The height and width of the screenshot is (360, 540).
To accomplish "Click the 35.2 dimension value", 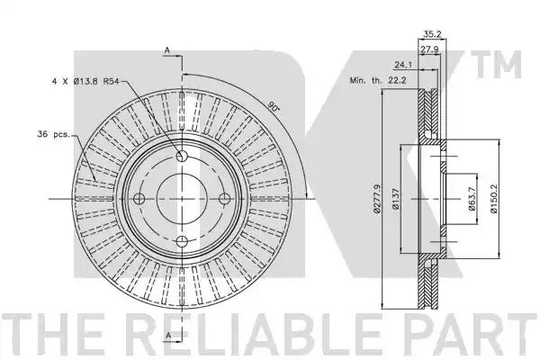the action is click(432, 34).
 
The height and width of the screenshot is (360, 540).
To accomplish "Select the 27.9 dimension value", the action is click(429, 49).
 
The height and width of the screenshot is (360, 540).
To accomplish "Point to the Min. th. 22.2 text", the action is click(378, 81).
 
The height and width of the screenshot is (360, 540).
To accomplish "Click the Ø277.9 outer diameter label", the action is click(377, 199).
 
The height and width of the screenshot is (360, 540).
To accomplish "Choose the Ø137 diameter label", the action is click(396, 199).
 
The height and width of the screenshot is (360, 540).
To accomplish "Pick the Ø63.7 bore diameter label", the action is click(472, 199).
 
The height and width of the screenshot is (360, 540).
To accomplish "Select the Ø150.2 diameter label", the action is click(494, 199).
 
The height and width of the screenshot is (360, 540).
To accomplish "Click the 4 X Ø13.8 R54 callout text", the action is click(85, 82).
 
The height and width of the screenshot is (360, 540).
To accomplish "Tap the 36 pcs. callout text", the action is click(53, 134).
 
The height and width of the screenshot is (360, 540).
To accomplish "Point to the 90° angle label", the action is click(274, 106).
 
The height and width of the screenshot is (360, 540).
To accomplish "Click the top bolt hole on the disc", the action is click(182, 156).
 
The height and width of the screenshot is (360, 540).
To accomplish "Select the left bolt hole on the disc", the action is click(139, 198).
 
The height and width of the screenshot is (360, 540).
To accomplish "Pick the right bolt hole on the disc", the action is click(224, 198).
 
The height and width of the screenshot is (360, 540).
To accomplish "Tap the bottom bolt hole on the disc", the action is click(182, 241).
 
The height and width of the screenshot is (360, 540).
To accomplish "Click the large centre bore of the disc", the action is click(182, 198).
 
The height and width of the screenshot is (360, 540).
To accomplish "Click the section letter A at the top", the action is click(167, 50).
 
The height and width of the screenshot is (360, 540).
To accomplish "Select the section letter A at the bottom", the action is click(168, 335).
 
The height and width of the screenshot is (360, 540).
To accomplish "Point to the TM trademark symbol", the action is click(499, 65).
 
